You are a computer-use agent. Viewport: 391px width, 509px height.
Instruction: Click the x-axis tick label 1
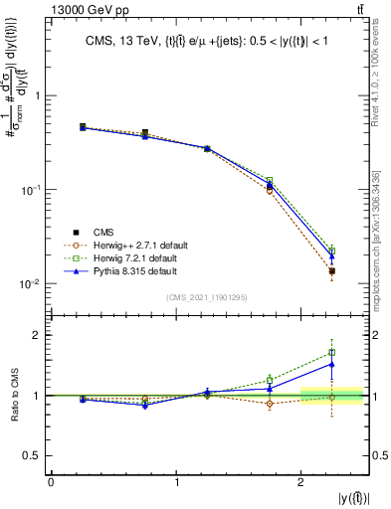coord(176,482)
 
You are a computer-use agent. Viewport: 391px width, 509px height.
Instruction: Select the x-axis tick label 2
coord(301,482)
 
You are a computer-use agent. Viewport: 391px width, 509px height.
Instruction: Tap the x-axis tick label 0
coord(51,482)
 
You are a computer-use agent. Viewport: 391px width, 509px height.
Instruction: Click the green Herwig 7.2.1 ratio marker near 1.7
coord(332,352)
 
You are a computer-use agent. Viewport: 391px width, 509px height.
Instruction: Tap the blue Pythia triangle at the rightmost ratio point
coord(332,364)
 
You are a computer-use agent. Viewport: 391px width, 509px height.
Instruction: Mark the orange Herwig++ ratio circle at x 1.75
coord(270,404)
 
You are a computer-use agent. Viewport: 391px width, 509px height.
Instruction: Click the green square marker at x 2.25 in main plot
coord(332,251)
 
